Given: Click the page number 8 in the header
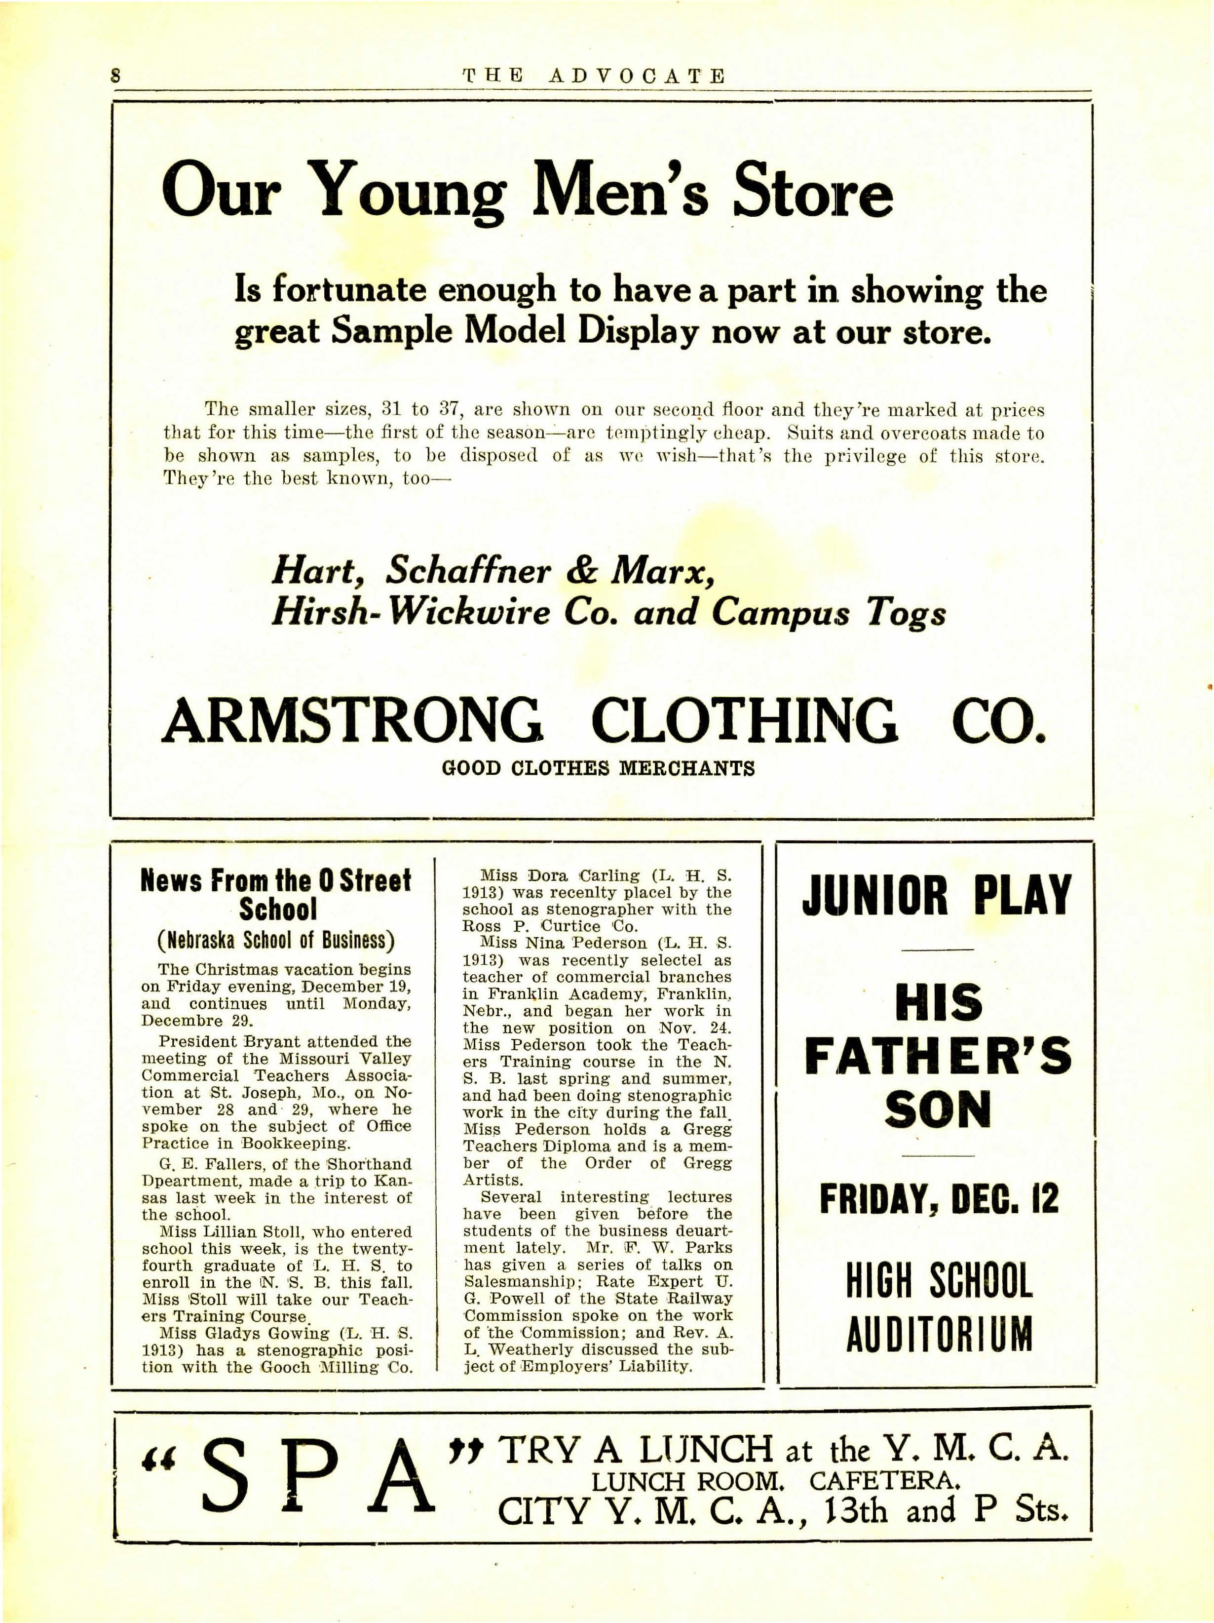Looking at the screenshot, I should (x=115, y=77).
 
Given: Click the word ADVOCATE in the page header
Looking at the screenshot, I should (x=637, y=77).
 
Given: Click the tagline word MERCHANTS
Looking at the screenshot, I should (x=687, y=769).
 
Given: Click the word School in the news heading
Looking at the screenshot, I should (x=278, y=910).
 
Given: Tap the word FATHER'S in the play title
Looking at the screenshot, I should (x=938, y=1057).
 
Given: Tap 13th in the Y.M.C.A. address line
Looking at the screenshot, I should (x=856, y=1511).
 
